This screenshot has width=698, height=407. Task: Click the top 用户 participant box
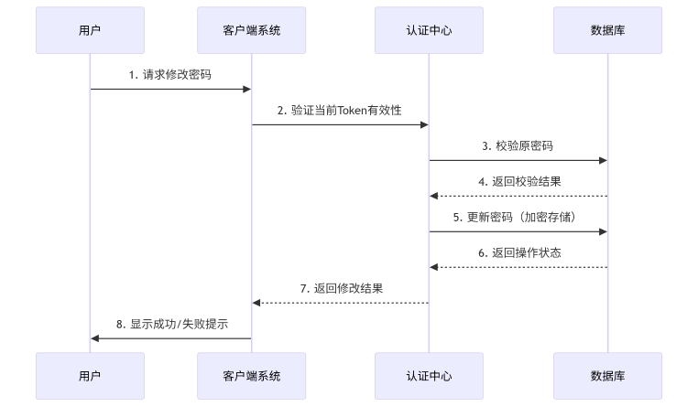pos(90,30)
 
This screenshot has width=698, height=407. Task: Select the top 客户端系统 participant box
pos(251,30)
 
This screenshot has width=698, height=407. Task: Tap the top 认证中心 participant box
pos(429,30)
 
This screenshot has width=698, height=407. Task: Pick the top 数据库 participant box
pos(607,30)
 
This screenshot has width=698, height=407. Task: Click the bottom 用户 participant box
pos(90,376)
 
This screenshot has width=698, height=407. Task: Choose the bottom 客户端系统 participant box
pos(251,376)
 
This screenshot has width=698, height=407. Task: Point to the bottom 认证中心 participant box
pos(429,376)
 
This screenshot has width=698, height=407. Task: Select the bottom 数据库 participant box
pos(607,376)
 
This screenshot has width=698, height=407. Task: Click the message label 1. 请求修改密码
pos(170,75)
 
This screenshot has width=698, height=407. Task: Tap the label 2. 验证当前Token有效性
pos(340,111)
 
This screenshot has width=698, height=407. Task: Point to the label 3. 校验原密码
pos(518,146)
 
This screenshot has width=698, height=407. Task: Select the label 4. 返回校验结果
pos(518,182)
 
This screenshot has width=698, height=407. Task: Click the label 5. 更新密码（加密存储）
pos(518,218)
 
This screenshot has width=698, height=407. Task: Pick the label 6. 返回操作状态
pos(518,253)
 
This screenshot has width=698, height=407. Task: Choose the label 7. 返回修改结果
pos(340,289)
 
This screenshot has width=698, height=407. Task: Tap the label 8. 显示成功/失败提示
pos(170,325)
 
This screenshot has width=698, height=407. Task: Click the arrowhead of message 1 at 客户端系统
pos(246,89)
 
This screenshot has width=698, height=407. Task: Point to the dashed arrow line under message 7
pos(340,303)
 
